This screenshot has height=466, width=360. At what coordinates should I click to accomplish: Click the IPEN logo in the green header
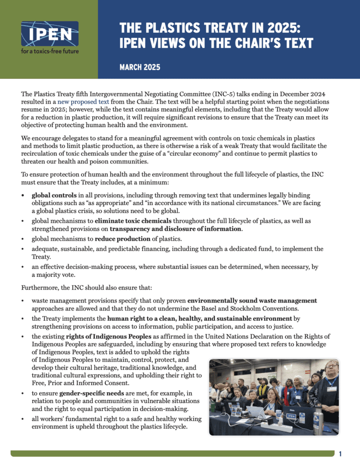point(49,33)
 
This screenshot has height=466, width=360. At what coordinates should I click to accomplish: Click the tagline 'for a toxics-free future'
point(49,51)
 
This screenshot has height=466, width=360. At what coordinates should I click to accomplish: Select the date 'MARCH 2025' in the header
point(140,68)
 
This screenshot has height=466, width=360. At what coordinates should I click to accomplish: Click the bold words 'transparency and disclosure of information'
point(176,229)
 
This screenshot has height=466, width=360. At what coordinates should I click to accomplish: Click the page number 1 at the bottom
point(341,454)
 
